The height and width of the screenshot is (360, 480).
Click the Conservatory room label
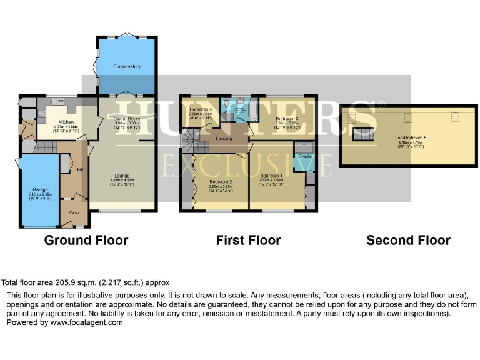pyautogui.click(x=126, y=66)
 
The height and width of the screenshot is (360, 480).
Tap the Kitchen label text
pyautogui.click(x=66, y=122)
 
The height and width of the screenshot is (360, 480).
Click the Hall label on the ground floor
pyautogui.click(x=79, y=169)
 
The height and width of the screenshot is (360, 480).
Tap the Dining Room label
pyautogui.click(x=126, y=117)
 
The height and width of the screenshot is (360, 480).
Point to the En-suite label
pyautogui.click(x=304, y=156)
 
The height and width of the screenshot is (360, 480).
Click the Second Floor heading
pyautogui.click(x=408, y=241)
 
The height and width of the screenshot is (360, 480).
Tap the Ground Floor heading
pyautogui.click(x=86, y=241)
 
